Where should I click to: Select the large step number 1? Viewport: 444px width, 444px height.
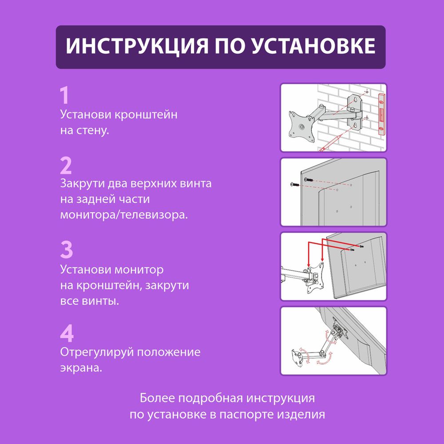coord(65,95)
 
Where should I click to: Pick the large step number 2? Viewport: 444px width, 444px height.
coord(66,166)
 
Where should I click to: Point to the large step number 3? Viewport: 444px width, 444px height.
coord(66,250)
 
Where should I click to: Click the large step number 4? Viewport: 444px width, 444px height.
coord(67,333)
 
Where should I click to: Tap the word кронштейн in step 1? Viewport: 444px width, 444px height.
coord(146,115)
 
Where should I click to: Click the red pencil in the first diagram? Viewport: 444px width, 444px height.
coord(330,143)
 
